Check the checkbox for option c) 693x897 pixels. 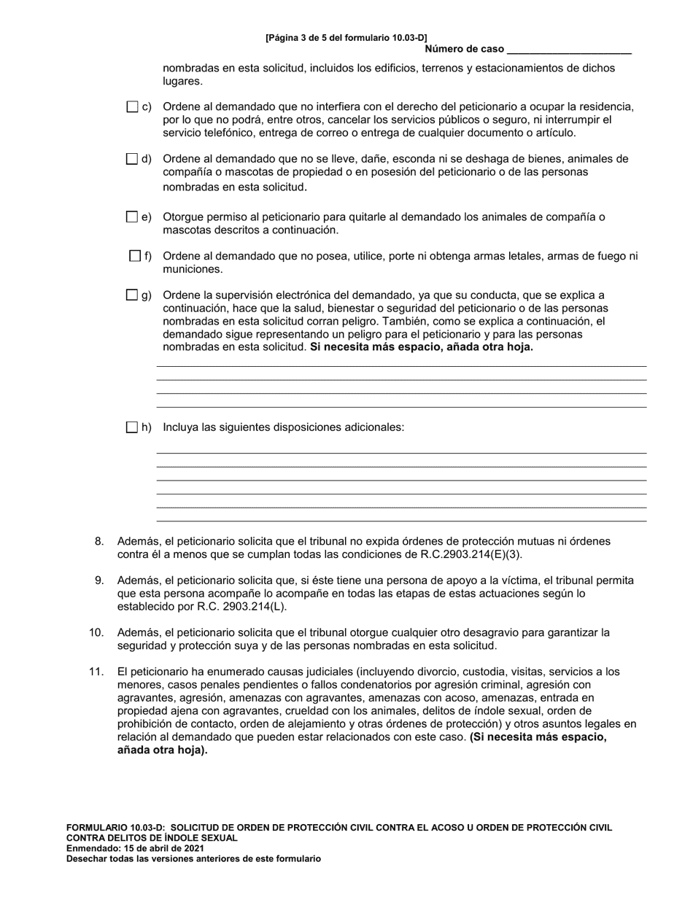pos(132,107)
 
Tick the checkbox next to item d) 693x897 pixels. pos(132,159)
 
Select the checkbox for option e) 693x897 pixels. pos(132,217)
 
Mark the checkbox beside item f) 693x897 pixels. pos(135,256)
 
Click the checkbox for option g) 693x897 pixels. pos(132,295)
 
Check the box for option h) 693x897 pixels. pos(132,427)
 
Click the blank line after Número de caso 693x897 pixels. pos(568,50)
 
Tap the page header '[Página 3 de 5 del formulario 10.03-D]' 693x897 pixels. pos(346,37)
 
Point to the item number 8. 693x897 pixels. pos(100,542)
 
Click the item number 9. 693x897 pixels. pos(100,580)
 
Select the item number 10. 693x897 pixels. pos(97,633)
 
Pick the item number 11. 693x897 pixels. pos(97,672)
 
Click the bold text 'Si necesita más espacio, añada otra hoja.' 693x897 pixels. pos(422,347)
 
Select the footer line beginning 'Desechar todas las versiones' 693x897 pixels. pos(193,859)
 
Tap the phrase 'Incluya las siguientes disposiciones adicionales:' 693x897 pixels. pos(283,427)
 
